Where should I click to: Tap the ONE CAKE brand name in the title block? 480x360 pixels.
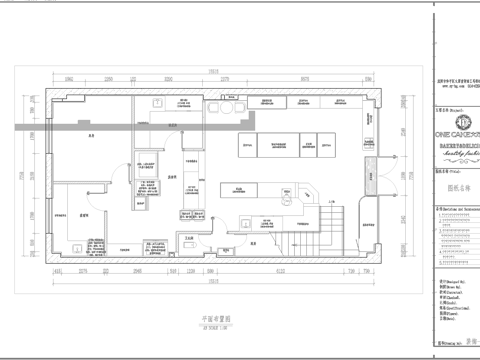coord(456,131)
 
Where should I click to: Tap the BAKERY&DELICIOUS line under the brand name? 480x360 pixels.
coord(456,145)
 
